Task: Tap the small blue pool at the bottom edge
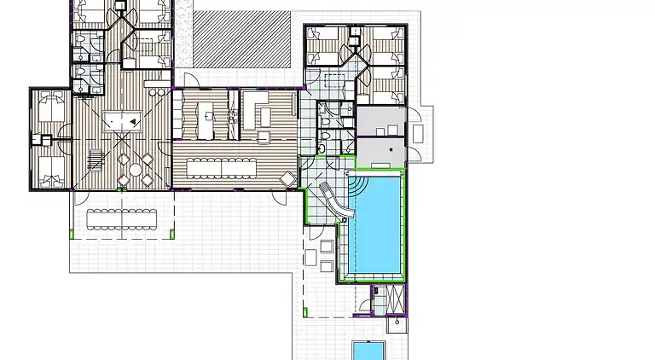tap(369, 351)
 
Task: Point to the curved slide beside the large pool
tap(334, 200)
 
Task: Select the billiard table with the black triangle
tap(124, 121)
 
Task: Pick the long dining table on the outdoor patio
tap(123, 218)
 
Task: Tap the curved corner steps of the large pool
tap(357, 183)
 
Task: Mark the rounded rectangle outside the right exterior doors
tap(419, 133)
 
